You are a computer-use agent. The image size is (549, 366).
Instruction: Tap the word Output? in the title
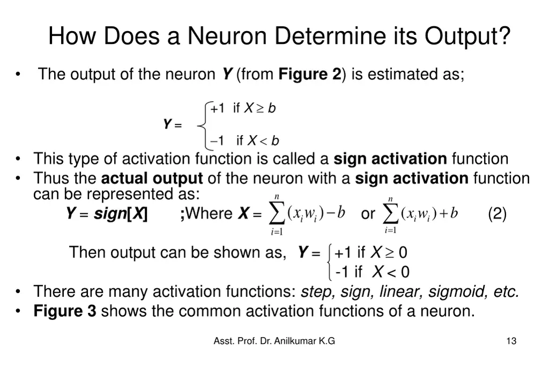point(468,36)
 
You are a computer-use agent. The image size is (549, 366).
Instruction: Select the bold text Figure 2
point(309,74)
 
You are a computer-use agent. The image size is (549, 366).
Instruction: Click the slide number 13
point(511,341)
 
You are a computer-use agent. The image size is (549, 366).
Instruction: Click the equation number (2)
point(497,214)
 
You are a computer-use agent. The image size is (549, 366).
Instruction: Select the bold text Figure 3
point(65,310)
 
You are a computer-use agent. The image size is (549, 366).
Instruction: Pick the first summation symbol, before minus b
point(276,214)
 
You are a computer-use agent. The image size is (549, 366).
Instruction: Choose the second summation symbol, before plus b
point(390,214)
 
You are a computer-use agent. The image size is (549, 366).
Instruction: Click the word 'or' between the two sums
point(368,214)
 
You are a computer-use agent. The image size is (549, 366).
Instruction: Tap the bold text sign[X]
point(121,214)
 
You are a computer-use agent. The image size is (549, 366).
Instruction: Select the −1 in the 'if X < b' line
point(217,141)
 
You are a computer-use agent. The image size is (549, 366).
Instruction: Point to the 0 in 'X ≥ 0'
point(403,252)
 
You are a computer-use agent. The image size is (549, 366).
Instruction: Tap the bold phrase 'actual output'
point(152,178)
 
